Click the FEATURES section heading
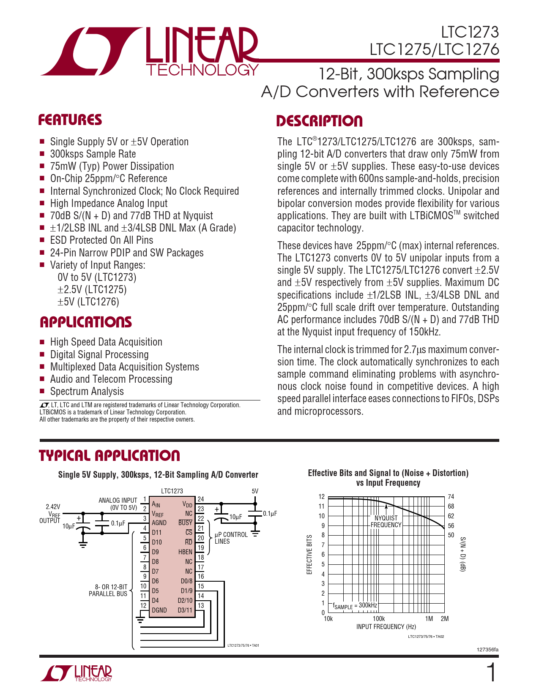70,120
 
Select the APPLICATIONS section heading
86,322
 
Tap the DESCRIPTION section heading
320,121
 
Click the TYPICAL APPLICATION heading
109,456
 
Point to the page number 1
492,673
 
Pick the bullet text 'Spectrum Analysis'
87,392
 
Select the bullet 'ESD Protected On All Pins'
101,240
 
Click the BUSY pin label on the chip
185,523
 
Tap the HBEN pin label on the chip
185,552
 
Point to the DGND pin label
159,610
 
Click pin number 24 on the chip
201,499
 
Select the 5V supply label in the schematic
255,491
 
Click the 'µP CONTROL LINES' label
231,538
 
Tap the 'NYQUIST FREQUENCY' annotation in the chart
386,521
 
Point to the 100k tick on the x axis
379,619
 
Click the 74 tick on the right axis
451,497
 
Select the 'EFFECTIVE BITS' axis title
309,555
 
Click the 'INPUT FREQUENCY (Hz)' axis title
386,627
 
